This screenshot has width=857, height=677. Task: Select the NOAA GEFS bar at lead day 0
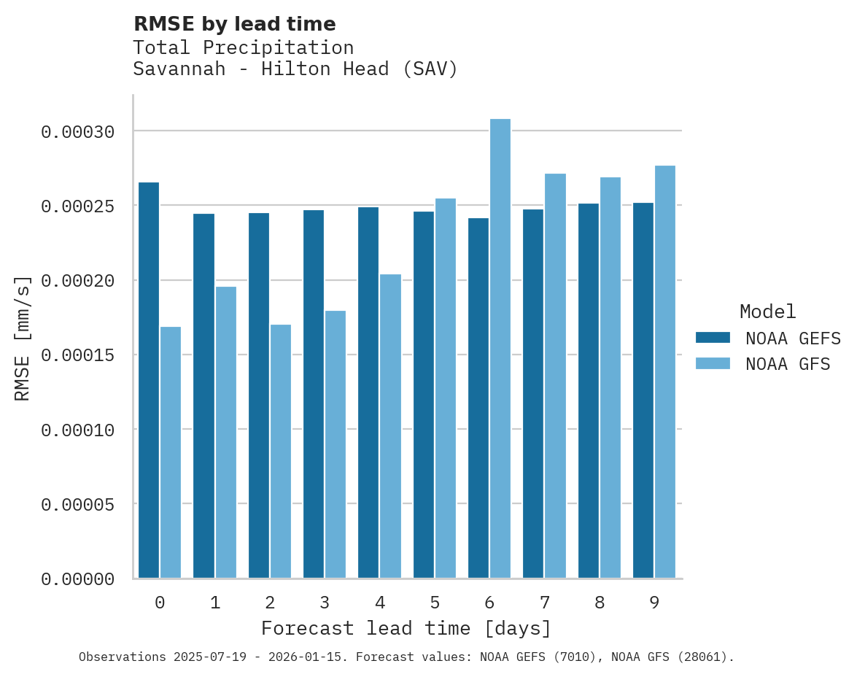pyautogui.click(x=149, y=380)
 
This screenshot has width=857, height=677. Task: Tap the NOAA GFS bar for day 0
pyautogui.click(x=171, y=452)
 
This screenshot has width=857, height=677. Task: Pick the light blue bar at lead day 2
pyautogui.click(x=281, y=452)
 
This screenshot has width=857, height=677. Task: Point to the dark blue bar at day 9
pyautogui.click(x=643, y=390)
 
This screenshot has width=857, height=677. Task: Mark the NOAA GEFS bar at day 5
pyautogui.click(x=424, y=395)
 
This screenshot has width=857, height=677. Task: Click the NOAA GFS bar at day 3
pyautogui.click(x=336, y=444)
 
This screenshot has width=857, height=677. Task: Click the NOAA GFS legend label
pyautogui.click(x=788, y=364)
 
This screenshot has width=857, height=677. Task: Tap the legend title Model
pyautogui.click(x=767, y=312)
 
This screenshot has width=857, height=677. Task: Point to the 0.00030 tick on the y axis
pyautogui.click(x=78, y=132)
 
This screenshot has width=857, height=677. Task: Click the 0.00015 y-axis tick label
pyautogui.click(x=78, y=355)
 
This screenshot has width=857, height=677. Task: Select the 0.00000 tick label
pyautogui.click(x=78, y=579)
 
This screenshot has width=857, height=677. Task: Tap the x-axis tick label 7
pyautogui.click(x=544, y=603)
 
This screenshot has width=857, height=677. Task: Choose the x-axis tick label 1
pyautogui.click(x=215, y=603)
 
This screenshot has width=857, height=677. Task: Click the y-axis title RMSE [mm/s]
pyautogui.click(x=23, y=338)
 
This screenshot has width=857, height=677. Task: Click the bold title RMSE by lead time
pyautogui.click(x=234, y=24)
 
